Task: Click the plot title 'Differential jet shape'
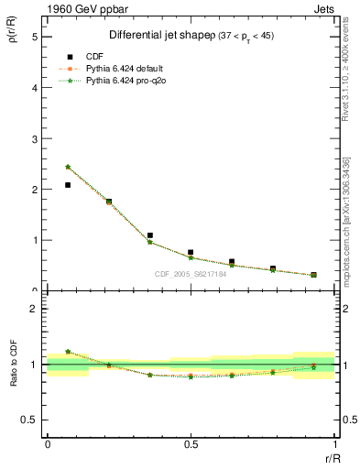point(161,35)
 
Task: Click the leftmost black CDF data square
point(68,185)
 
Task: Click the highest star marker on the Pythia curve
point(68,167)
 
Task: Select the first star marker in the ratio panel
point(68,351)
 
